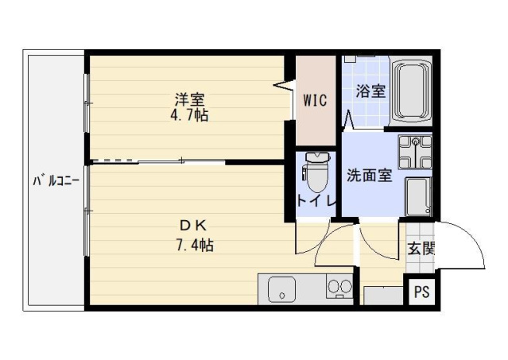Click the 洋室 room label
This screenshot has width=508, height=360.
pos(190,99)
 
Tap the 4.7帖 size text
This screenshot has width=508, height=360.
pos(190,114)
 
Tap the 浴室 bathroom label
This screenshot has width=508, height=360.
pos(370,91)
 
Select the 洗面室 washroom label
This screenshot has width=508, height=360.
pos(368,176)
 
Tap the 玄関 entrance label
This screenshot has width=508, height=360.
pos(421,247)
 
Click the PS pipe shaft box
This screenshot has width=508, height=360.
pos(421,292)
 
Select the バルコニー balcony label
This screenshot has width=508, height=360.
pos(55,181)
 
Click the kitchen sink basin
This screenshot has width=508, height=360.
pos(281,289)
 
